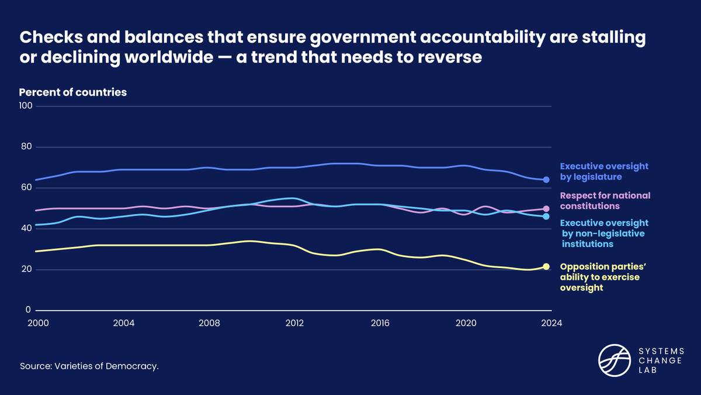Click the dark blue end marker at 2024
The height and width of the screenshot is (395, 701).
546,180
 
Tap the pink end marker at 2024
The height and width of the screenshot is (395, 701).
546,209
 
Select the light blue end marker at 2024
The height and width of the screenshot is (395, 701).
546,217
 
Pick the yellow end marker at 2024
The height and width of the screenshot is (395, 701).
546,267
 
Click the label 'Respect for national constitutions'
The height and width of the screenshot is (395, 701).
605,201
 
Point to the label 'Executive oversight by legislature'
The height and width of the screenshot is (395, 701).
604,171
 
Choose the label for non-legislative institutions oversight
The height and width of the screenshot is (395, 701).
604,233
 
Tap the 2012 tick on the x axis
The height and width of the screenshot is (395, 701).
294,322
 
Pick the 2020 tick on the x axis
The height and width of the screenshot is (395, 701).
466,322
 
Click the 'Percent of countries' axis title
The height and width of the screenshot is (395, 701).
73,92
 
